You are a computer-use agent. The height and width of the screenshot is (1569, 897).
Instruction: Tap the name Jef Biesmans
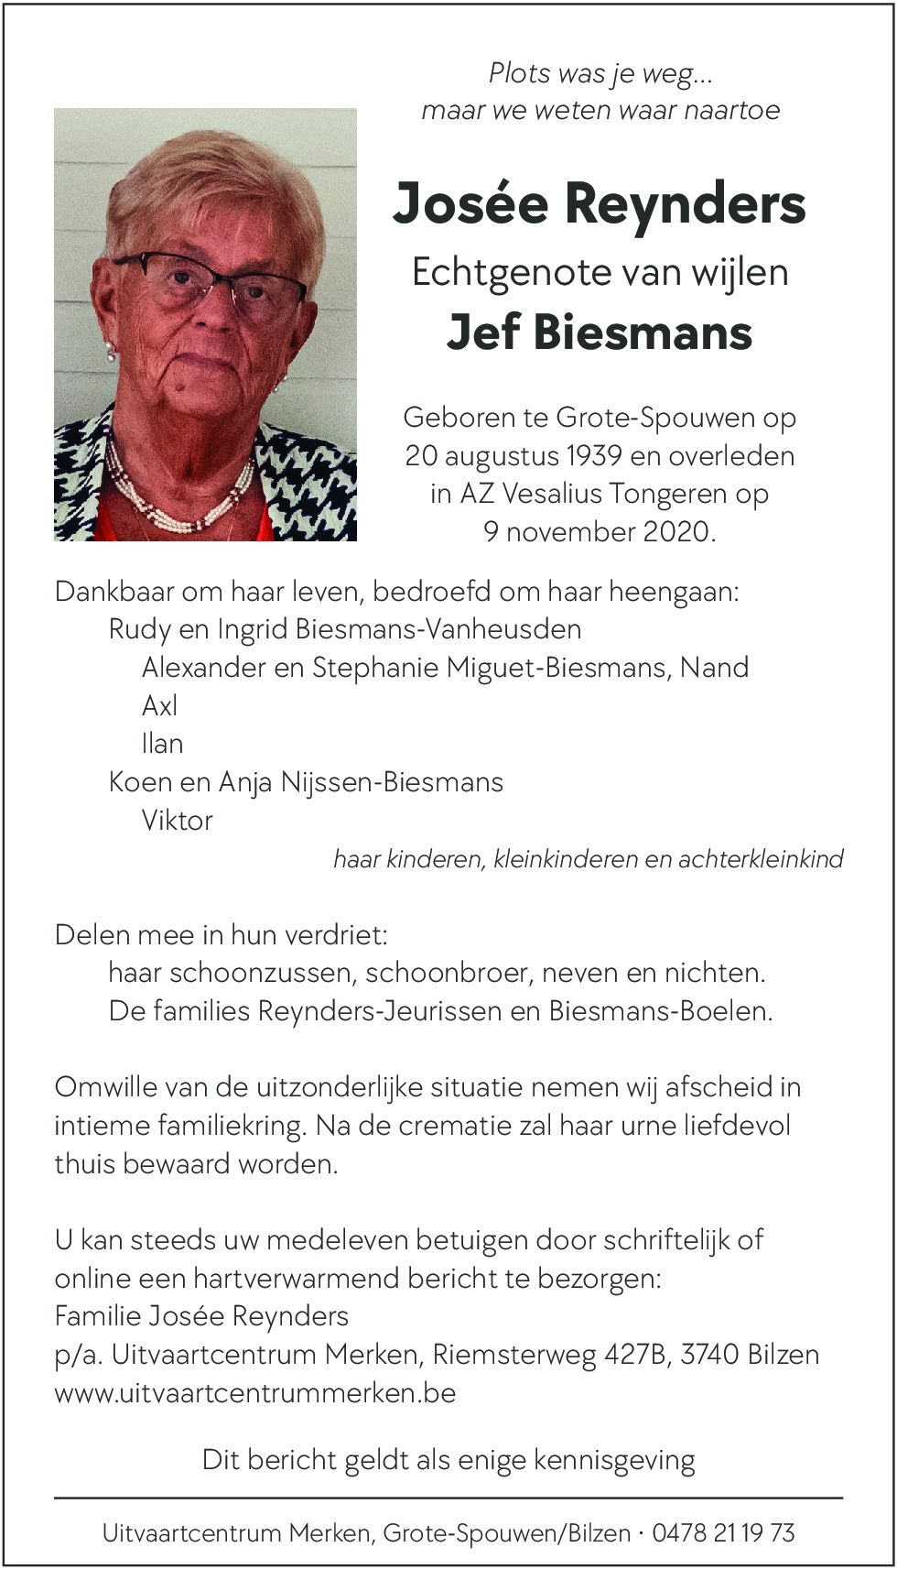(x=600, y=332)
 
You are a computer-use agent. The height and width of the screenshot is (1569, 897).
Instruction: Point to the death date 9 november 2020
(x=600, y=532)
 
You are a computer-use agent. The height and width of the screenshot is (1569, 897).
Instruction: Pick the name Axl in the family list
(x=159, y=706)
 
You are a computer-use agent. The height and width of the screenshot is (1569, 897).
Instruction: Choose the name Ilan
(x=162, y=744)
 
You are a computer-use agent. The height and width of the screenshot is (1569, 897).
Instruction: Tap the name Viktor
(x=177, y=821)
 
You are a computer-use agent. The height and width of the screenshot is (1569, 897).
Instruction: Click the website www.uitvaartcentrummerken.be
(x=255, y=1393)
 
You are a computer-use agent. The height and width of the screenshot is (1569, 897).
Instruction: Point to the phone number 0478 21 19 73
(x=723, y=1533)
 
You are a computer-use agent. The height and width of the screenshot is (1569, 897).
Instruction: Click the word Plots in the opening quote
(x=519, y=73)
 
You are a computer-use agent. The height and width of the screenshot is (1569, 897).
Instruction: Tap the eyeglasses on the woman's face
(x=215, y=283)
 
